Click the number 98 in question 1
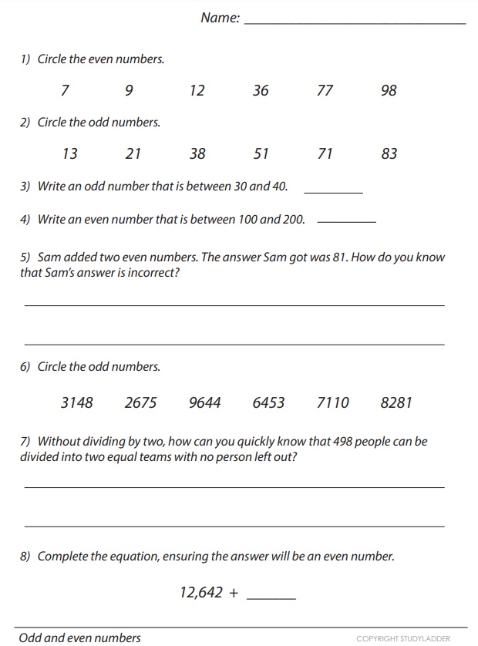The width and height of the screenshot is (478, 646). coord(389,91)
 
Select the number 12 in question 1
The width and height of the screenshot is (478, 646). coord(197,91)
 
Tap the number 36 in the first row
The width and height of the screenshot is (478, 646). coord(261,91)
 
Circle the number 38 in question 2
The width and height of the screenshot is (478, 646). coord(197,154)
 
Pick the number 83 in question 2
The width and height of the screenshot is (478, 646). coord(389,154)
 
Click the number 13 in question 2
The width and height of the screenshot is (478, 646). coord(69,154)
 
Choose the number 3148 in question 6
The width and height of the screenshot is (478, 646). coord(77,403)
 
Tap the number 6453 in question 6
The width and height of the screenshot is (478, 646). coord(268,403)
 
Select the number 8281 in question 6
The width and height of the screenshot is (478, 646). coord(396,403)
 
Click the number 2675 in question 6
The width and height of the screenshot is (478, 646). coord(141,403)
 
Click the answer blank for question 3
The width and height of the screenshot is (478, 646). coord(333,190)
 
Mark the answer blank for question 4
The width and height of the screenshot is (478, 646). coord(346,220)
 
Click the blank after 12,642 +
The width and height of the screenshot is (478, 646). coord(271,595)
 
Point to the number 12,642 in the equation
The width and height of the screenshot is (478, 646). coord(201,593)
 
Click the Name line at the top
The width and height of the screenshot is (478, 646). coord(355,22)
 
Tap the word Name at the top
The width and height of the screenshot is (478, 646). coord(220,18)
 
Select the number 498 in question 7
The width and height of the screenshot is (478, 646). coord(343,442)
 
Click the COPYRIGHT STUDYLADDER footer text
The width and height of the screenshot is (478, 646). coord(403,639)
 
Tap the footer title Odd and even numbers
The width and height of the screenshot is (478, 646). coord(80,638)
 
